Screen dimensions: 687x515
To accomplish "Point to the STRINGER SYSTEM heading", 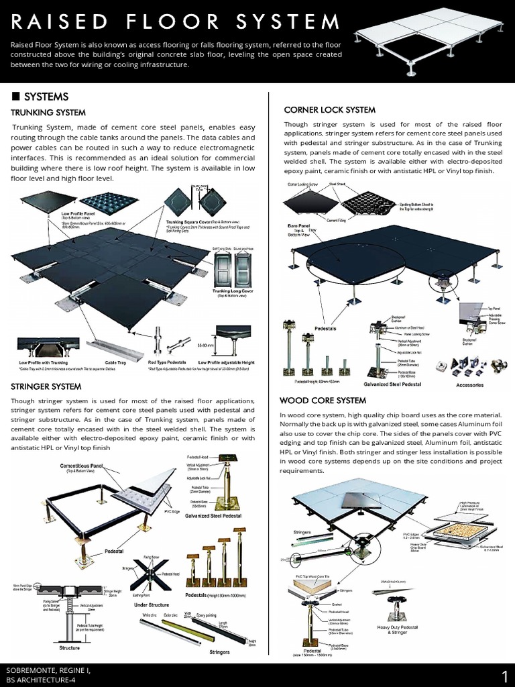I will point(46,386).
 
